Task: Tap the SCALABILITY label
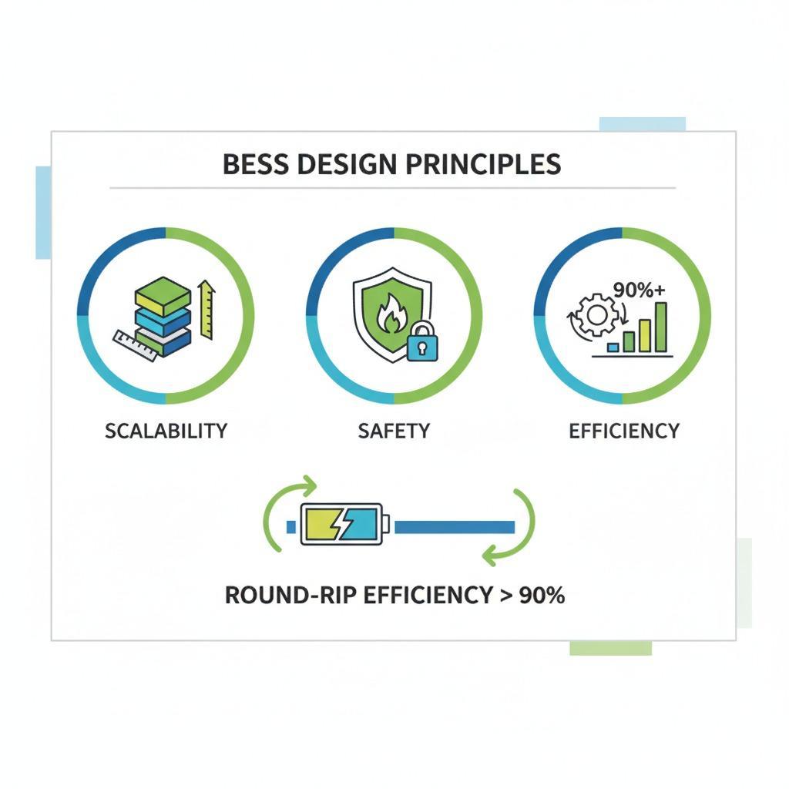166,431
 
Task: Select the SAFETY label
394,431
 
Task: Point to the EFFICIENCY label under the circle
624,431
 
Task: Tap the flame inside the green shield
389,314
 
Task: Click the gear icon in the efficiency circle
597,315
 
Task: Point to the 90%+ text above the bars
639,290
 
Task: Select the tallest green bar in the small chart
661,327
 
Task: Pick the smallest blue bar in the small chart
613,347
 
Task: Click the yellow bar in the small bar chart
645,336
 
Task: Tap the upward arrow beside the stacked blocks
206,310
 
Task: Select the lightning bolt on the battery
342,524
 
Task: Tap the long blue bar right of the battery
455,527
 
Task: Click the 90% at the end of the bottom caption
542,596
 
